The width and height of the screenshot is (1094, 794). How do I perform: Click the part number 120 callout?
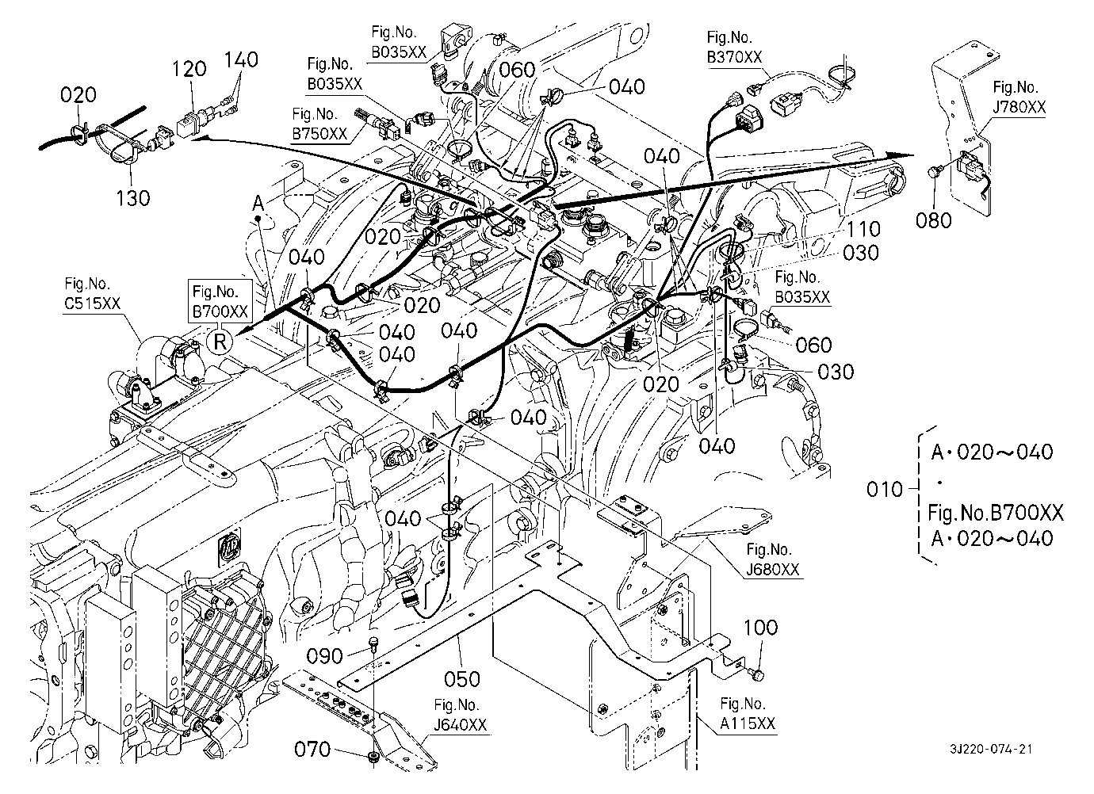click(x=190, y=69)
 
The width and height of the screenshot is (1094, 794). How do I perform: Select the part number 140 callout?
click(x=242, y=59)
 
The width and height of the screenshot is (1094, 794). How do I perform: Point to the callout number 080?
click(x=933, y=219)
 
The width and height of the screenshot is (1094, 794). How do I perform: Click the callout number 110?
click(x=863, y=229)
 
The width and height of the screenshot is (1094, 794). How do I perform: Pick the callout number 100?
click(x=760, y=628)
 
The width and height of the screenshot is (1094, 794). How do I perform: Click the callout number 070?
click(x=312, y=748)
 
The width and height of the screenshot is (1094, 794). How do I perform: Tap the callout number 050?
click(x=461, y=679)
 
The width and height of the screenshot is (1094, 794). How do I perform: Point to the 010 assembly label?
click(x=885, y=489)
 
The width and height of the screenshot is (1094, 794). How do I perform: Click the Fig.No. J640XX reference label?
click(x=460, y=715)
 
